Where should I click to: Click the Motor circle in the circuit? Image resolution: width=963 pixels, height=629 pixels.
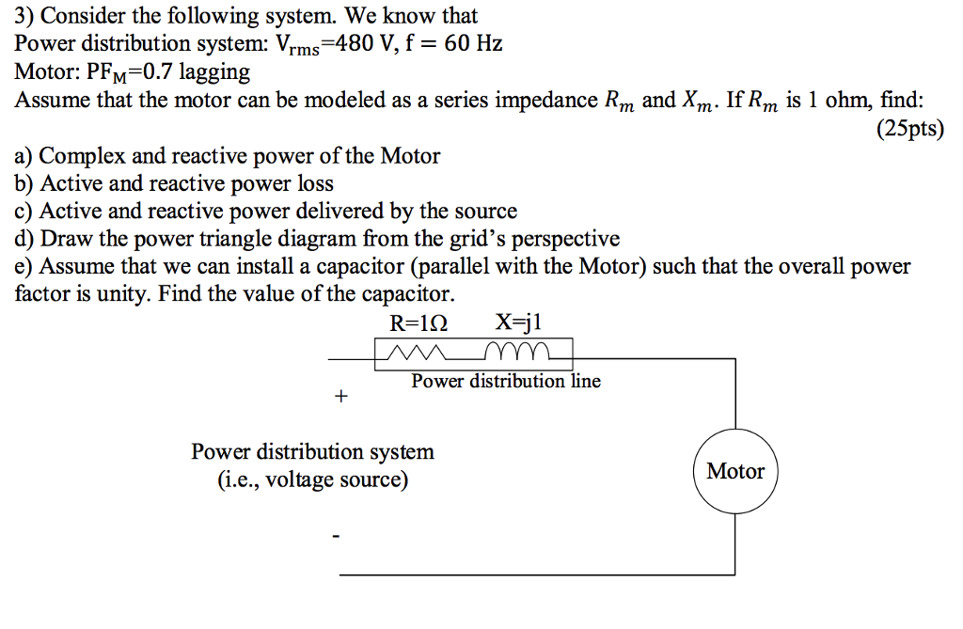[x=735, y=472]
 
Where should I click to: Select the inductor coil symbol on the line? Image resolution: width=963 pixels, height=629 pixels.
[x=515, y=353]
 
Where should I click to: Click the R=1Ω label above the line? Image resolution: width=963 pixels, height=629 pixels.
[x=418, y=324]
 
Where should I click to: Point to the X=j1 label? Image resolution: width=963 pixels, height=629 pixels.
[x=519, y=324]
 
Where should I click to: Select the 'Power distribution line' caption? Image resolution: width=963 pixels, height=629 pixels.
[x=506, y=381]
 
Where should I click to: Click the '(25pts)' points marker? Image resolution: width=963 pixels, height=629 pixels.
[x=909, y=129]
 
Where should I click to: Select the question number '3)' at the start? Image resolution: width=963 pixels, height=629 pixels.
[x=25, y=16]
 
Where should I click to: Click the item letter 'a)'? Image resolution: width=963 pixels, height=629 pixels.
[x=24, y=156]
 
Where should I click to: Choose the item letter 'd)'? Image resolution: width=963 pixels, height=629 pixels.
[x=25, y=239]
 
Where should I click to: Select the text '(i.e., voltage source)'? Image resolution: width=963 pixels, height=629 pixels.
[x=313, y=480]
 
